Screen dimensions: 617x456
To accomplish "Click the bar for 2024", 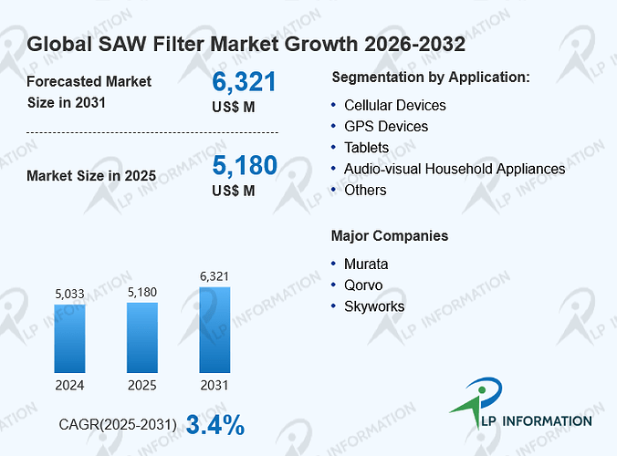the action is [69, 338].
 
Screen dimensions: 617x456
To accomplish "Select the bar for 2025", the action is [142, 337].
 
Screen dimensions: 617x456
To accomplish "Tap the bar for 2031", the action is [214, 330].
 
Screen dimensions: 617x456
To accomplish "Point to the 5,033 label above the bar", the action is [69, 294].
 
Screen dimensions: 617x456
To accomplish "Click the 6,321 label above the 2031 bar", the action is [214, 276].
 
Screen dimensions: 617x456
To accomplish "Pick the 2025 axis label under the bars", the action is [142, 385].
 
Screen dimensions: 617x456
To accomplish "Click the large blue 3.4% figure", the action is [215, 425].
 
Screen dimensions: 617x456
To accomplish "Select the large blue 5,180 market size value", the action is [245, 165].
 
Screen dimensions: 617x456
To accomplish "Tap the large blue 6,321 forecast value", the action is [244, 82].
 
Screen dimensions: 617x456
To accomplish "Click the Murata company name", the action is [366, 264].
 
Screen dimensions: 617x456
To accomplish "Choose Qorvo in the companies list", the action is [363, 285].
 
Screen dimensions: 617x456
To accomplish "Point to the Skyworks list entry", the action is [374, 306].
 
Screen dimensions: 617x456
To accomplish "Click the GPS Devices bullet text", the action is [386, 126].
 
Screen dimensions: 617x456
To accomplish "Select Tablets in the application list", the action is [366, 148].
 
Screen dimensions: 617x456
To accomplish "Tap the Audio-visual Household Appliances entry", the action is [455, 169].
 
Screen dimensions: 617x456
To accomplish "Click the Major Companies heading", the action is [390, 236].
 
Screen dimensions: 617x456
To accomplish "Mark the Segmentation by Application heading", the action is [431, 78].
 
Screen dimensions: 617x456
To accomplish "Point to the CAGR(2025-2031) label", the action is [118, 425].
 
